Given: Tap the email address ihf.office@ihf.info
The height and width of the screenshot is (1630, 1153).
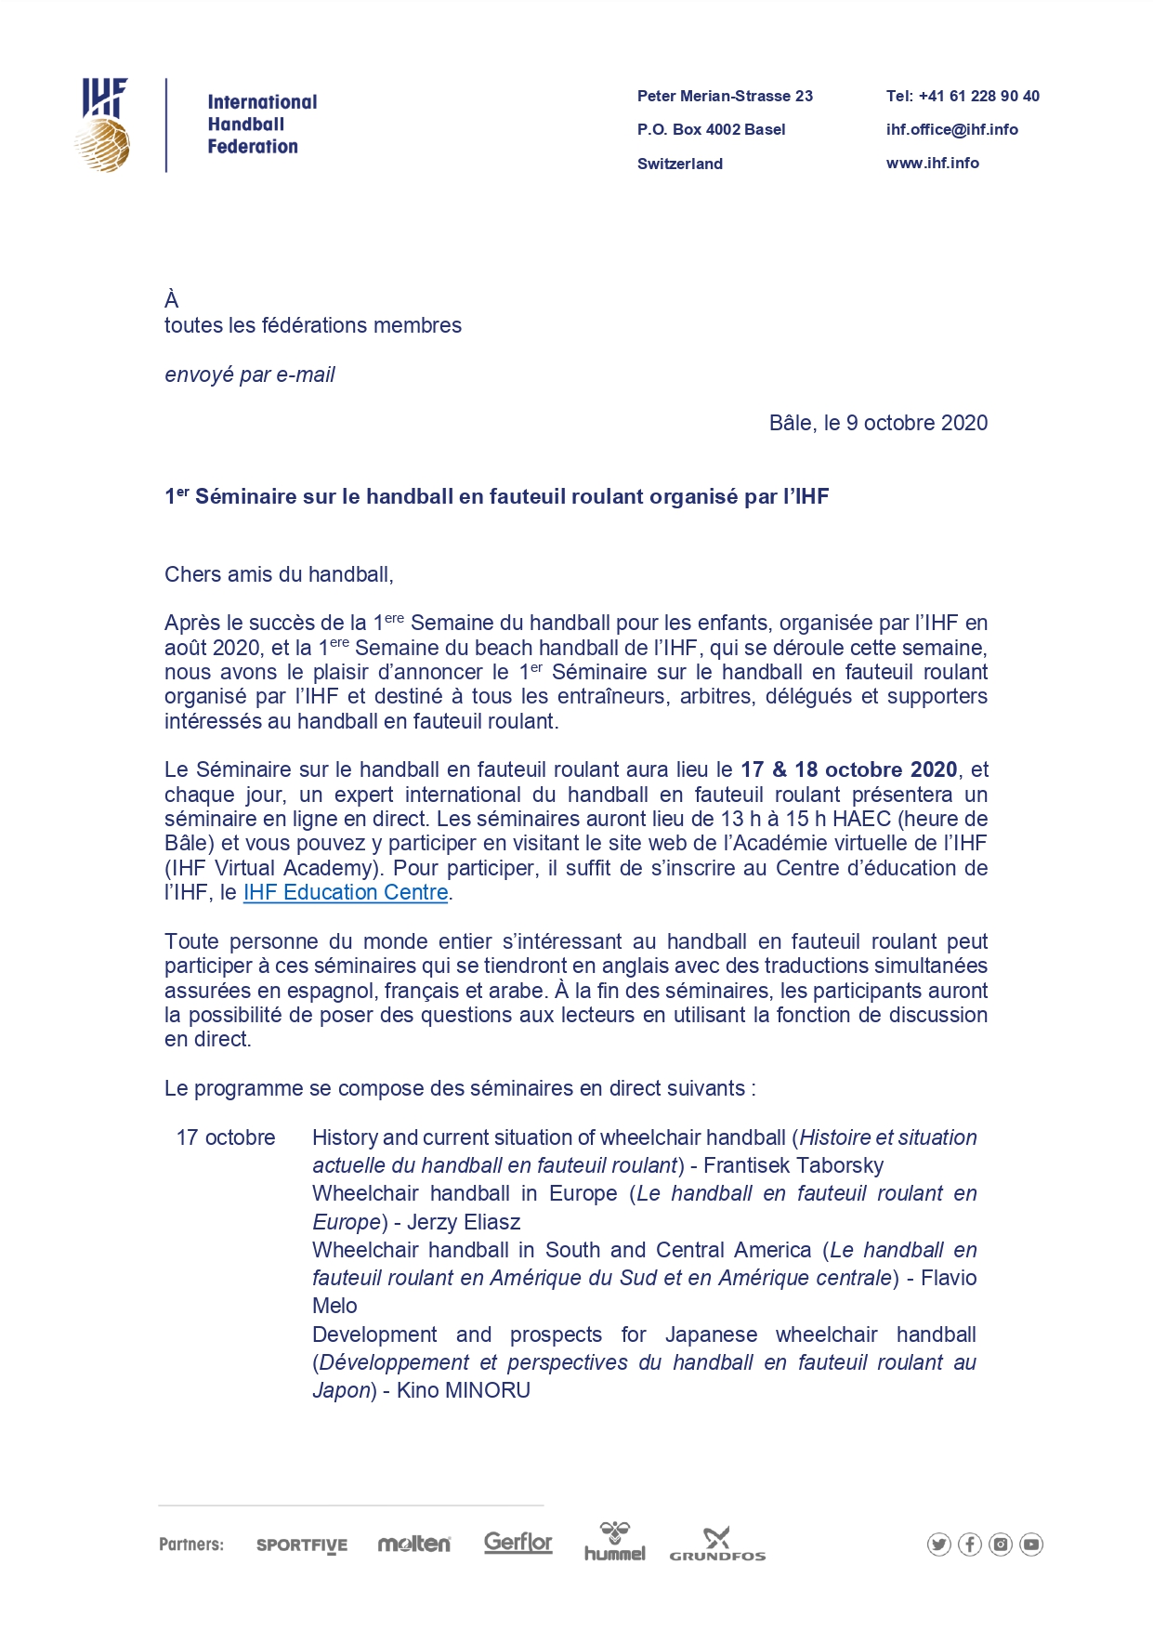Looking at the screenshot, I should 951,129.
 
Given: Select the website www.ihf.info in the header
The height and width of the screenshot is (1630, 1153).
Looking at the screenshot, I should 932,163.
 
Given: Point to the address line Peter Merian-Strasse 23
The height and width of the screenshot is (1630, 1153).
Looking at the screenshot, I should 725,96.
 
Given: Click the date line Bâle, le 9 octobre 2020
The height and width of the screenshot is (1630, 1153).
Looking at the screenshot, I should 878,423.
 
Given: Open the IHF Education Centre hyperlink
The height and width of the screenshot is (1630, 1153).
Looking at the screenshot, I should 346,892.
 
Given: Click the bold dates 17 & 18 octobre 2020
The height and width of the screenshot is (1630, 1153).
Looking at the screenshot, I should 848,769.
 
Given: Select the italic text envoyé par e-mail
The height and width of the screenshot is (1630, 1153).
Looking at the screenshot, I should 249,375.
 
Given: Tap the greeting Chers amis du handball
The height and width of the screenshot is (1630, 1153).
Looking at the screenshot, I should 279,574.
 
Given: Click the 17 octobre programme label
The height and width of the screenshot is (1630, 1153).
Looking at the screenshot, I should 226,1137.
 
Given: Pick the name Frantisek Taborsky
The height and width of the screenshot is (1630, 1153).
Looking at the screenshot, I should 793,1165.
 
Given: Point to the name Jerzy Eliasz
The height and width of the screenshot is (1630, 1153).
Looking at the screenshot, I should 464,1222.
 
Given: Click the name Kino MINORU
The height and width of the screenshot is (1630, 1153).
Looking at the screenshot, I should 464,1390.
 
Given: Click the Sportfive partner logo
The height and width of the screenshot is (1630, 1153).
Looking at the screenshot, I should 301,1545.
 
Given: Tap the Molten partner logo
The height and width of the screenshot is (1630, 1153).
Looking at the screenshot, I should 413,1544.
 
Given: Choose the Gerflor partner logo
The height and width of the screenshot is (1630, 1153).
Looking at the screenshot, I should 518,1543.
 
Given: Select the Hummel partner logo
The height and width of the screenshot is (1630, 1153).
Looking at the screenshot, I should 614,1542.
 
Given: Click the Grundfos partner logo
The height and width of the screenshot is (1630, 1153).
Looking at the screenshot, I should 716,1545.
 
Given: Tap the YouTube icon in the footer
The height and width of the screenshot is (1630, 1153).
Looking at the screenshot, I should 1030,1545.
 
